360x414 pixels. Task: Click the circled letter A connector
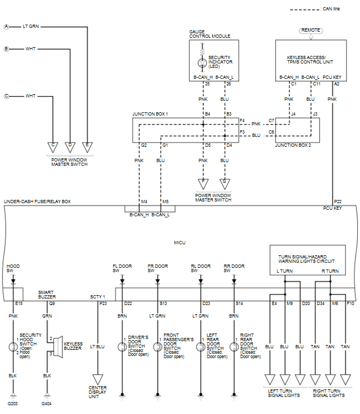(x=7, y=26)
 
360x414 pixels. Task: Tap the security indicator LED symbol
(x=203, y=62)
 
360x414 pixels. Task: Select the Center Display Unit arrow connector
(x=97, y=378)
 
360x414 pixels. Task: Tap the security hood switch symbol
(x=11, y=346)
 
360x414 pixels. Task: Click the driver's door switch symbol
(x=122, y=347)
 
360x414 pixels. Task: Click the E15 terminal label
(x=19, y=302)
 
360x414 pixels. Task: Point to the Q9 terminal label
(x=52, y=302)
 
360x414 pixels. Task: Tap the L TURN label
(x=284, y=271)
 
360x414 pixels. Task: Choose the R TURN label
(x=329, y=271)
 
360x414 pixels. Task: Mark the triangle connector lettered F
(x=203, y=183)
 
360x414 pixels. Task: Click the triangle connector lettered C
(x=53, y=146)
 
